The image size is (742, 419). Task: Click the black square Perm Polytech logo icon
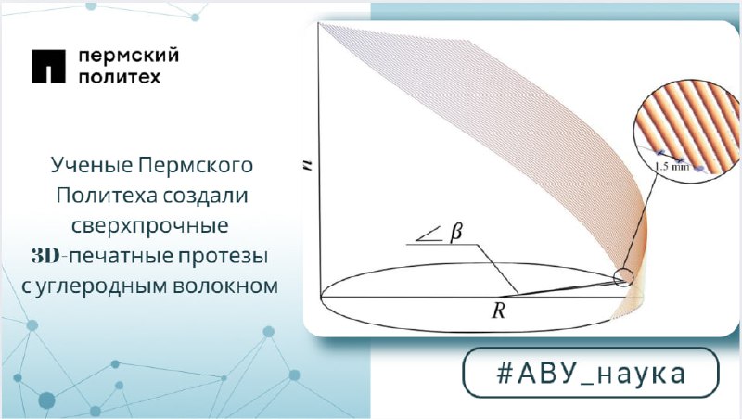(x=48, y=66)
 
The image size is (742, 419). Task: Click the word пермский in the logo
(x=128, y=56)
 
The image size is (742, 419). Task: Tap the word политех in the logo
(x=120, y=76)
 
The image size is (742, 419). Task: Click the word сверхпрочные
(x=150, y=226)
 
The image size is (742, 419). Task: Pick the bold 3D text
(x=45, y=256)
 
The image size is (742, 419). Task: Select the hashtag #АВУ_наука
(x=591, y=373)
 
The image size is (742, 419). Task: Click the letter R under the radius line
(x=499, y=311)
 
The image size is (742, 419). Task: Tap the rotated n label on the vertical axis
(x=309, y=165)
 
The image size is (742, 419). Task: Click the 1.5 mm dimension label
(x=672, y=166)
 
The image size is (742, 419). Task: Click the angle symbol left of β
(x=429, y=235)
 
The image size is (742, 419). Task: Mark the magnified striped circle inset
(x=687, y=130)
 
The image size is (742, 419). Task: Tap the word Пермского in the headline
(x=196, y=166)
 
